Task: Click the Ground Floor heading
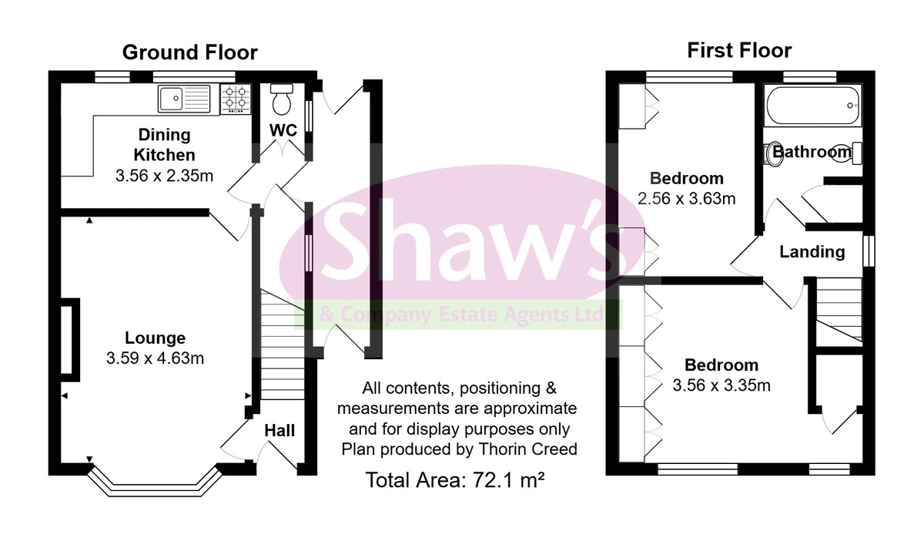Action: click(189, 52)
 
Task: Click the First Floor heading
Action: click(739, 51)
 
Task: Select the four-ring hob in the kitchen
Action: click(236, 99)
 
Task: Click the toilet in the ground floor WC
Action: click(283, 99)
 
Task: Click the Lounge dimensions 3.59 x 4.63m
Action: click(155, 358)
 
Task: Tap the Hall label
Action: click(280, 431)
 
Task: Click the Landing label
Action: click(812, 252)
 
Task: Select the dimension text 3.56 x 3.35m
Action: click(721, 385)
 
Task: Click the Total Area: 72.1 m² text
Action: click(455, 481)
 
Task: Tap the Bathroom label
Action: click(812, 152)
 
